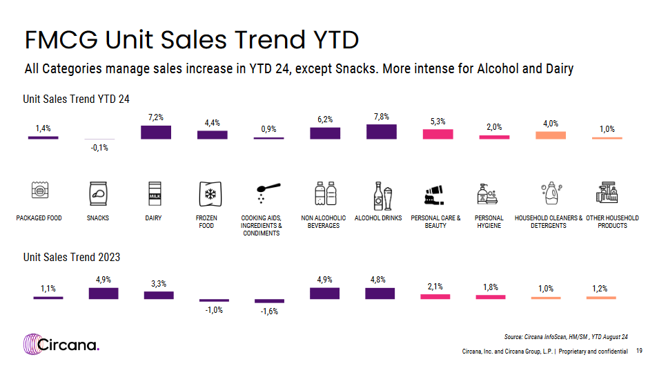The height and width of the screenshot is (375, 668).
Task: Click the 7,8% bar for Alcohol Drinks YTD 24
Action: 382,132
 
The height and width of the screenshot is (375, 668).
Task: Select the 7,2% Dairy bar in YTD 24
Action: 156,132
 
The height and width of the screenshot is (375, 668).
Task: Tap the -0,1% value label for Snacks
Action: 100,148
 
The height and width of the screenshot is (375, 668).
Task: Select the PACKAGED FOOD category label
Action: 39,218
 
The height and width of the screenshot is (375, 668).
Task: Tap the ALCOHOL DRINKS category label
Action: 378,218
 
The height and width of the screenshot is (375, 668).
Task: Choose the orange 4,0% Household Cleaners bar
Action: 551,135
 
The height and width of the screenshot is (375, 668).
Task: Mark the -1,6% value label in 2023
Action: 269,311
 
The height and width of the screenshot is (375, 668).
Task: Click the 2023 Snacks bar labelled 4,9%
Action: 104,294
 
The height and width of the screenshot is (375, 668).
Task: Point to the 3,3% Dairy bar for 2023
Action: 159,295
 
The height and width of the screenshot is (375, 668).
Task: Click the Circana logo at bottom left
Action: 61,344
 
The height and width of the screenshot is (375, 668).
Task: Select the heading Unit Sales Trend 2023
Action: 72,258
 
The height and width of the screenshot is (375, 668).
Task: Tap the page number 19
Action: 640,352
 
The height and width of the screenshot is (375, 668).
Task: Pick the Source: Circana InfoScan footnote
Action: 566,336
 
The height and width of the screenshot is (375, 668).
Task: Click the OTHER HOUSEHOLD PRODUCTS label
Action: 612,222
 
